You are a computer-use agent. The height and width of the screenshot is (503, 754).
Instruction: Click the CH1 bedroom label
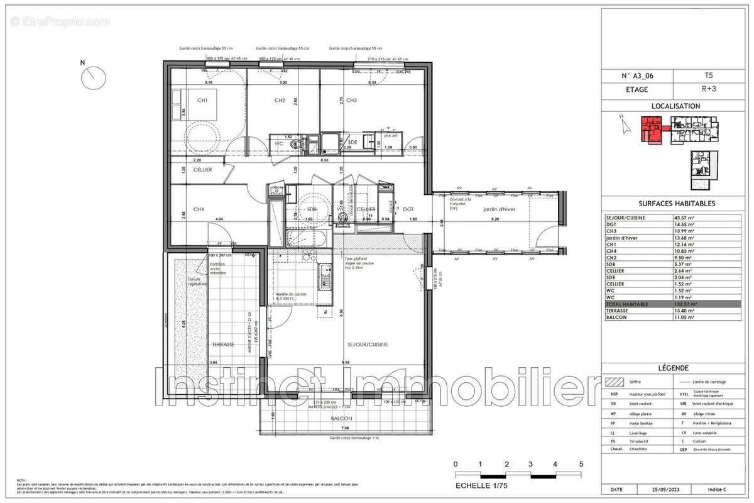[x=202, y=101]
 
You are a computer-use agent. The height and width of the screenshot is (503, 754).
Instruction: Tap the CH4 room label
[x=199, y=209]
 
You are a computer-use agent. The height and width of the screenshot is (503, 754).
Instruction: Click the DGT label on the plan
[x=408, y=209]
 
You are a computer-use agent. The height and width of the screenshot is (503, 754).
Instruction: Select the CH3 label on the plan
[x=351, y=101]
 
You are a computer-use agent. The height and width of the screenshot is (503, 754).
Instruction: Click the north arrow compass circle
[x=93, y=76]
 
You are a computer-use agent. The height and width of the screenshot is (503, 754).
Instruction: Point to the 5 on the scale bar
[x=581, y=464]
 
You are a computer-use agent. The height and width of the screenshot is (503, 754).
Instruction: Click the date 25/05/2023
[x=666, y=489]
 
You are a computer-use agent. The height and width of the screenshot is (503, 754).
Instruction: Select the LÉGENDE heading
[x=675, y=368]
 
